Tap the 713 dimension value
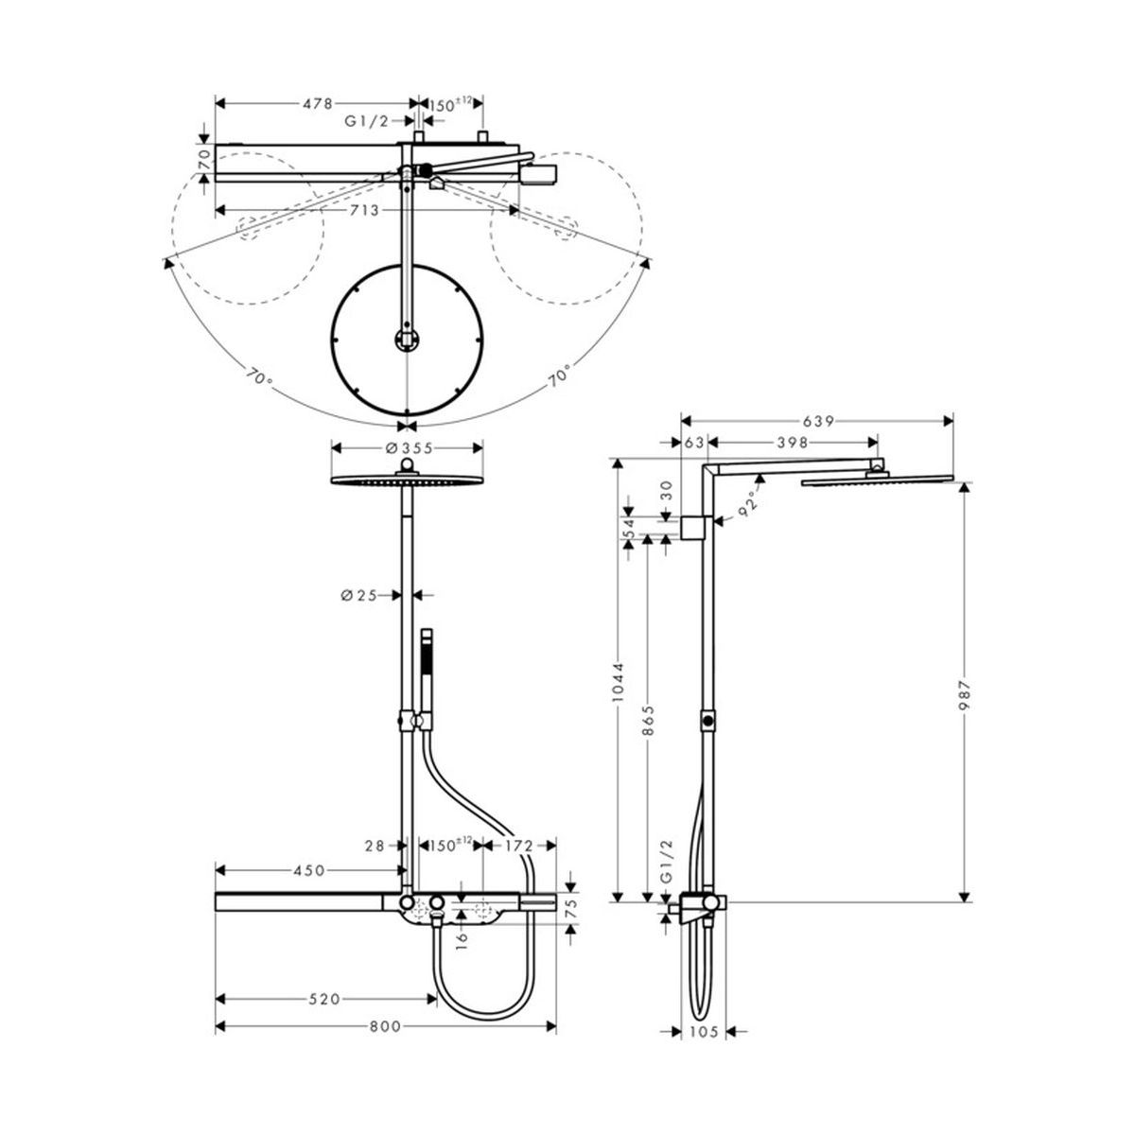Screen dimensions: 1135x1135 (x=364, y=210)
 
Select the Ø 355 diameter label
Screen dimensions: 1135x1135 (x=409, y=448)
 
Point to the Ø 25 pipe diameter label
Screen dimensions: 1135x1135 (x=358, y=596)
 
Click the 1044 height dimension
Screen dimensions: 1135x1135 (x=618, y=683)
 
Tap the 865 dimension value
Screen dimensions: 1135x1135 (x=647, y=721)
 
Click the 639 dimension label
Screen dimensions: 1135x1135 (x=818, y=422)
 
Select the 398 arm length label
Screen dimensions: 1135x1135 (x=792, y=443)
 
